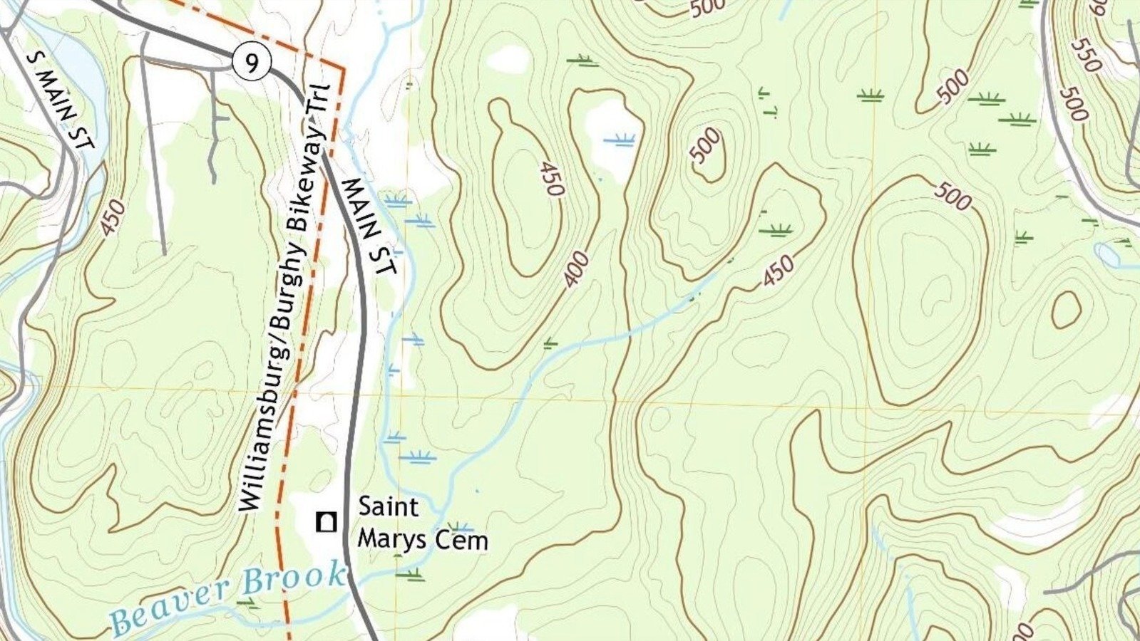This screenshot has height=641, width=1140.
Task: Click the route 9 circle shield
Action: [x=251, y=63]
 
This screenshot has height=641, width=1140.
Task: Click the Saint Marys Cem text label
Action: [x=422, y=523]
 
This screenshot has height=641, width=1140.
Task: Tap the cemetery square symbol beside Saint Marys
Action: [x=327, y=522]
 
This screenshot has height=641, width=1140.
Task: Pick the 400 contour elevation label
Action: [x=576, y=269]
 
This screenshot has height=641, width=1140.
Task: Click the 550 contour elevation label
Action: [x=1086, y=55]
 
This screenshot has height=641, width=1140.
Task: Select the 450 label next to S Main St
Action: [x=113, y=217]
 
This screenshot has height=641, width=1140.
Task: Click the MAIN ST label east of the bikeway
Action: [x=369, y=226]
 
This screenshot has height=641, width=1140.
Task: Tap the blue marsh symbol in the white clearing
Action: [x=619, y=140]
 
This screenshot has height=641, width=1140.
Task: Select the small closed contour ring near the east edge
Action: [x=1066, y=310]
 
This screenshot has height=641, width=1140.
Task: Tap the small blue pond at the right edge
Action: [x=1107, y=253]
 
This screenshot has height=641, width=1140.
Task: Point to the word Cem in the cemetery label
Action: [x=465, y=540]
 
